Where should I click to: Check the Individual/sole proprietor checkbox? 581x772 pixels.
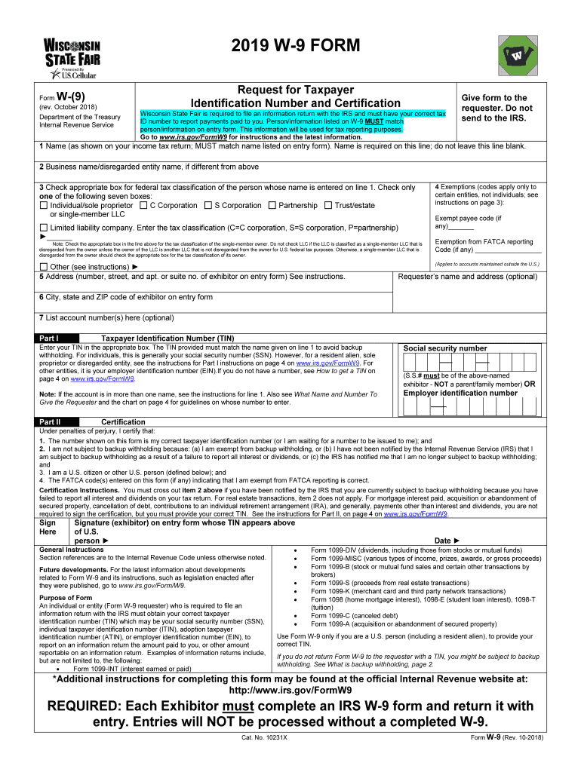point(44,206)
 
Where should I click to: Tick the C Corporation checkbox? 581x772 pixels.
point(143,206)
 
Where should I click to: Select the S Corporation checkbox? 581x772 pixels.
point(208,206)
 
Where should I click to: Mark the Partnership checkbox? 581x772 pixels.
point(272,206)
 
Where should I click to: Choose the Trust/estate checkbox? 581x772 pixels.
point(328,206)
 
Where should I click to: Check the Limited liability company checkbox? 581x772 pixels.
point(44,228)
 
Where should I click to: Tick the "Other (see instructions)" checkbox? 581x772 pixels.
point(44,267)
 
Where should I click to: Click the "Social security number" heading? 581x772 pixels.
point(445,348)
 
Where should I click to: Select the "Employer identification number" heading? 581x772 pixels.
point(460,393)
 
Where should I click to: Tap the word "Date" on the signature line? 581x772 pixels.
point(464,541)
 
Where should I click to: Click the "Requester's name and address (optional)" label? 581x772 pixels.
point(467,277)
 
